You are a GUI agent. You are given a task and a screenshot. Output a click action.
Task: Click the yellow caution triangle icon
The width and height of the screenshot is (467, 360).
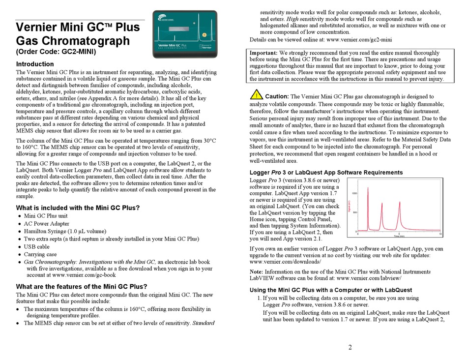pos(256,94)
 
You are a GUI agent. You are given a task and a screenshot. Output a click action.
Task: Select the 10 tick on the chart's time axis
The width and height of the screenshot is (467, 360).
pos(440,234)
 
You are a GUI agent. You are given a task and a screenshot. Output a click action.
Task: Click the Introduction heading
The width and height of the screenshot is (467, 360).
pos(35,64)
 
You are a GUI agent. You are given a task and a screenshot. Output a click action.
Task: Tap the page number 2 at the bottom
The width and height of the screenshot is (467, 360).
pos(350,348)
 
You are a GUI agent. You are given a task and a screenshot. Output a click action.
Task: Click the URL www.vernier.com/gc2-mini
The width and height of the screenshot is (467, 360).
pos(359,39)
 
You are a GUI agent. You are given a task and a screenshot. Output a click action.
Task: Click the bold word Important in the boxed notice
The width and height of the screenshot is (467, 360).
pos(263,53)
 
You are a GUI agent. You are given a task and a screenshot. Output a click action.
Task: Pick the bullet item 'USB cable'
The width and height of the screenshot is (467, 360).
pos(37,247)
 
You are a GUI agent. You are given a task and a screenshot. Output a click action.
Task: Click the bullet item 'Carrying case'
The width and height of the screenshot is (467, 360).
pos(40,255)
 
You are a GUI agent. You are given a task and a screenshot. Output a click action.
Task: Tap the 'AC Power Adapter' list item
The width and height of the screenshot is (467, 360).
pos(47,224)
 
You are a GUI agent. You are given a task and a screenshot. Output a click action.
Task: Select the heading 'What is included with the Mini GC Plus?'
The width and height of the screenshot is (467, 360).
pos(78,208)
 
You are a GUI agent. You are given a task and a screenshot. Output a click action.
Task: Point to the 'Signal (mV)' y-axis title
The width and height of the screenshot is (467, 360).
pos(349,205)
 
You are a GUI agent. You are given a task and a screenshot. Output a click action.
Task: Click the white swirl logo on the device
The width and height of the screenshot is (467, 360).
pos(164,19)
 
